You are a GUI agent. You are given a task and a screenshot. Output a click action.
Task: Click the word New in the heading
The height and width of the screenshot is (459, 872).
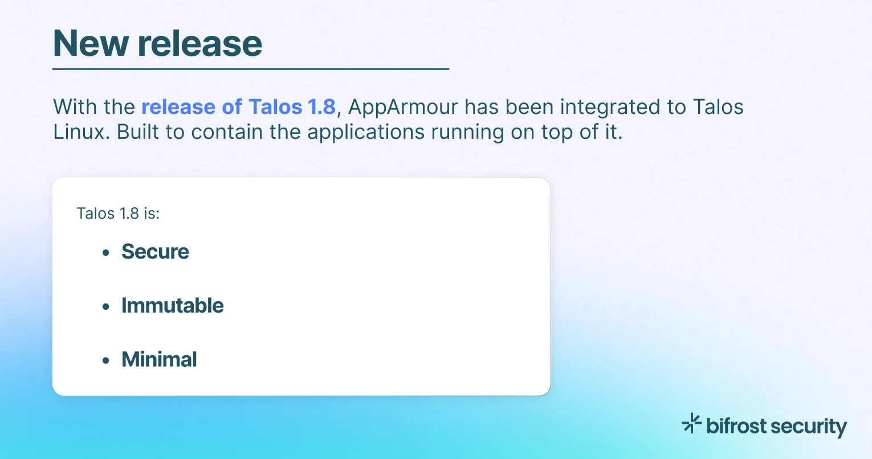click(x=90, y=44)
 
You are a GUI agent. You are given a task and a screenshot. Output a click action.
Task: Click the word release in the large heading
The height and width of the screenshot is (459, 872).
click(x=200, y=44)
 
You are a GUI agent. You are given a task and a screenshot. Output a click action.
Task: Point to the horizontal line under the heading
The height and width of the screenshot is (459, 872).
click(x=251, y=69)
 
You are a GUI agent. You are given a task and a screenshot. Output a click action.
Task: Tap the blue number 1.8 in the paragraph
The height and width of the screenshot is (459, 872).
click(x=321, y=107)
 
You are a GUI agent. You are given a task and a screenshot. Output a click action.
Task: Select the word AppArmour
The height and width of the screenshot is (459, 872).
click(x=403, y=107)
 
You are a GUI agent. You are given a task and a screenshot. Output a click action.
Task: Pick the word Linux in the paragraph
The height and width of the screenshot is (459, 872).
click(x=79, y=132)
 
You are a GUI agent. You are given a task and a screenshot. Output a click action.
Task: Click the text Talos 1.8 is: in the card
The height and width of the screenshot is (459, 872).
click(x=118, y=214)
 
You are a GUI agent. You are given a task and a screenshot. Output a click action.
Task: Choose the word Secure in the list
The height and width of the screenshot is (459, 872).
click(x=155, y=252)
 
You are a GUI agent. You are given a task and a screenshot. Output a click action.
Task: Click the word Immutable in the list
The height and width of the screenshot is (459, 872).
click(x=172, y=306)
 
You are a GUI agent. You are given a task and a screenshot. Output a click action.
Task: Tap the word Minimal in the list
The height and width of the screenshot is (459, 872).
click(x=159, y=359)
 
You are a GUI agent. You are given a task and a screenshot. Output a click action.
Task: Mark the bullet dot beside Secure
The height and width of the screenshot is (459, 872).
click(x=105, y=253)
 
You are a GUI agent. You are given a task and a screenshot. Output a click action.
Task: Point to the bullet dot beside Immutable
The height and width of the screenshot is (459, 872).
click(x=105, y=307)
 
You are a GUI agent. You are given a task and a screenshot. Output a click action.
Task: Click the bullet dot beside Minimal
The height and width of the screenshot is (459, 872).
click(x=105, y=360)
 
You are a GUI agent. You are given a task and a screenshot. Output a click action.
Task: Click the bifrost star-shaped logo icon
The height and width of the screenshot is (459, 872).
click(x=691, y=423)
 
